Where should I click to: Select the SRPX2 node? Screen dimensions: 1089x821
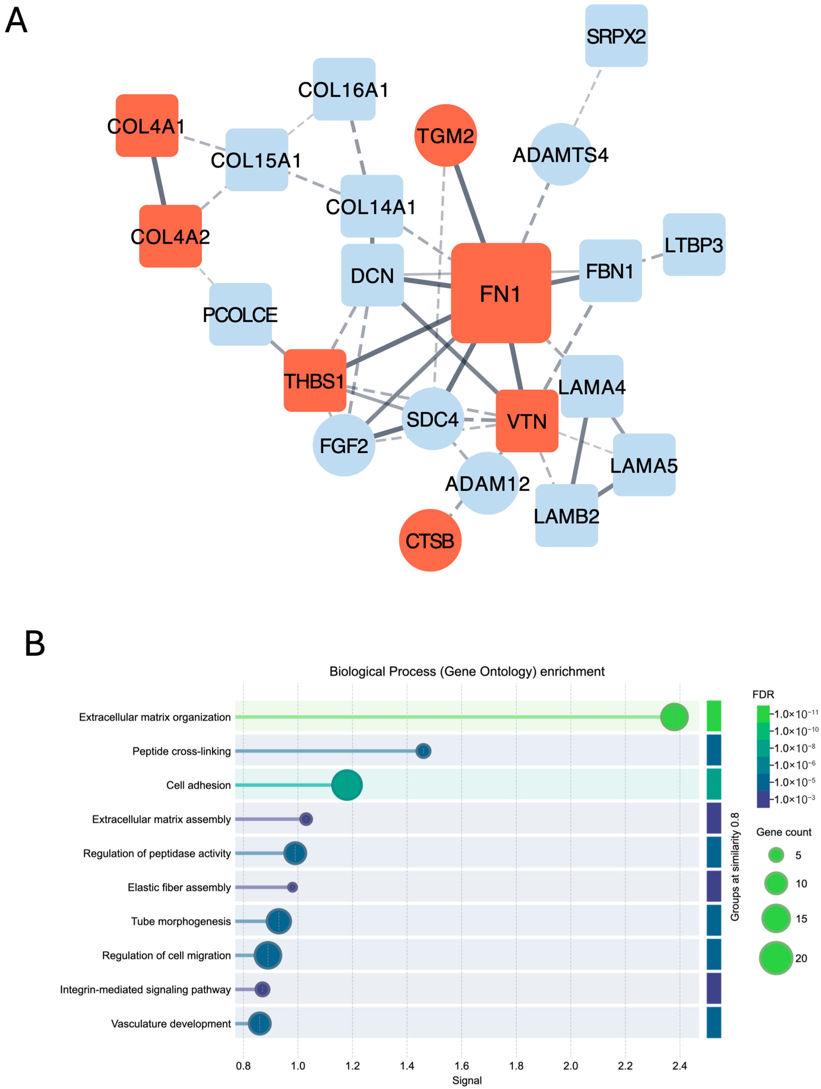point(616,36)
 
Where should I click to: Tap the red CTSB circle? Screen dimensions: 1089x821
point(430,540)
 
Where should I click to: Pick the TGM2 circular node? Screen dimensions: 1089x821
point(445,135)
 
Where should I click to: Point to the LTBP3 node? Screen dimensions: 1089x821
point(693,245)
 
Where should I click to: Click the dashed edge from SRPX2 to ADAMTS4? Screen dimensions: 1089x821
point(588,96)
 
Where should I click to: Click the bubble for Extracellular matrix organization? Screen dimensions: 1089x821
point(674,717)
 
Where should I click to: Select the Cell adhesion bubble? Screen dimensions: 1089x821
point(347,785)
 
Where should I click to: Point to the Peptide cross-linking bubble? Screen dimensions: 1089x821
point(423,751)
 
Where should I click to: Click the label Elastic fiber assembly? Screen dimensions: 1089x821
point(179,887)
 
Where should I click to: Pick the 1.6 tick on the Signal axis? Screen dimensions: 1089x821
point(461,1066)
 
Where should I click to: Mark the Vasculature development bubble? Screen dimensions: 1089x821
point(259,1024)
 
